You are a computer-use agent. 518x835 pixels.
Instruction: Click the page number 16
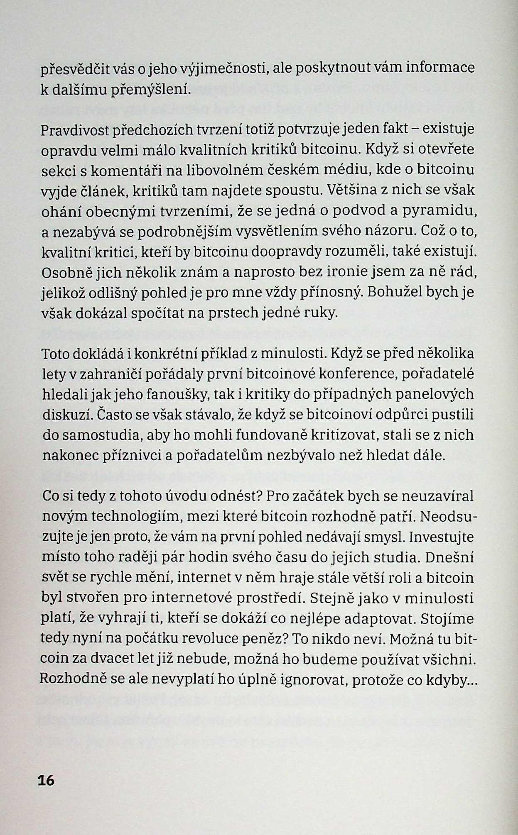pyautogui.click(x=46, y=780)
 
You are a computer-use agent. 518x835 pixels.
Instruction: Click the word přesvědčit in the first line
pyautogui.click(x=74, y=69)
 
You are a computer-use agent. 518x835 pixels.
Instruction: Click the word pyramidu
pyautogui.click(x=444, y=212)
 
